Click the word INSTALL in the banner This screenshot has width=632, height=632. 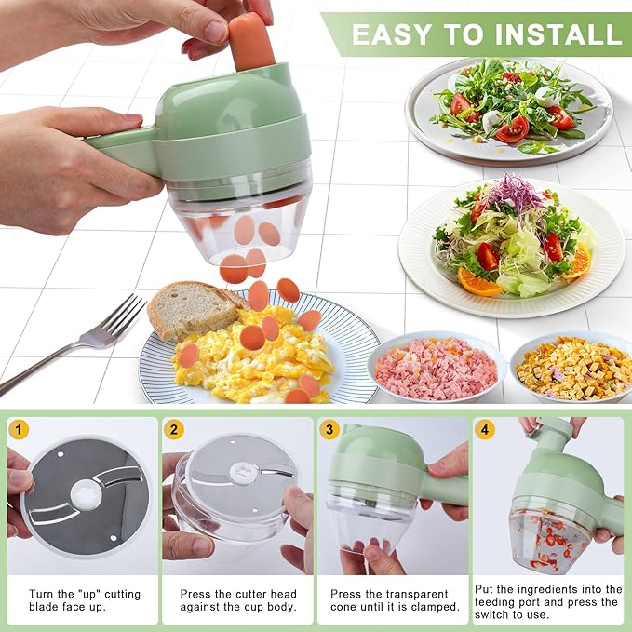click(x=558, y=34)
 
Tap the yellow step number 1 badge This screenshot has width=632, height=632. click(x=19, y=429)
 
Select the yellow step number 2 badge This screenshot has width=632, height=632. click(x=173, y=429)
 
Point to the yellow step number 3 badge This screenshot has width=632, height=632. click(x=329, y=429)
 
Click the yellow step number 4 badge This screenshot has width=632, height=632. click(x=484, y=429)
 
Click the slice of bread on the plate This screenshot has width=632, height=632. click(x=192, y=307)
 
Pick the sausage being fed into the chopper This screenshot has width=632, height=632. click(x=250, y=41)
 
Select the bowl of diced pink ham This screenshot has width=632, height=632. click(x=436, y=367)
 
